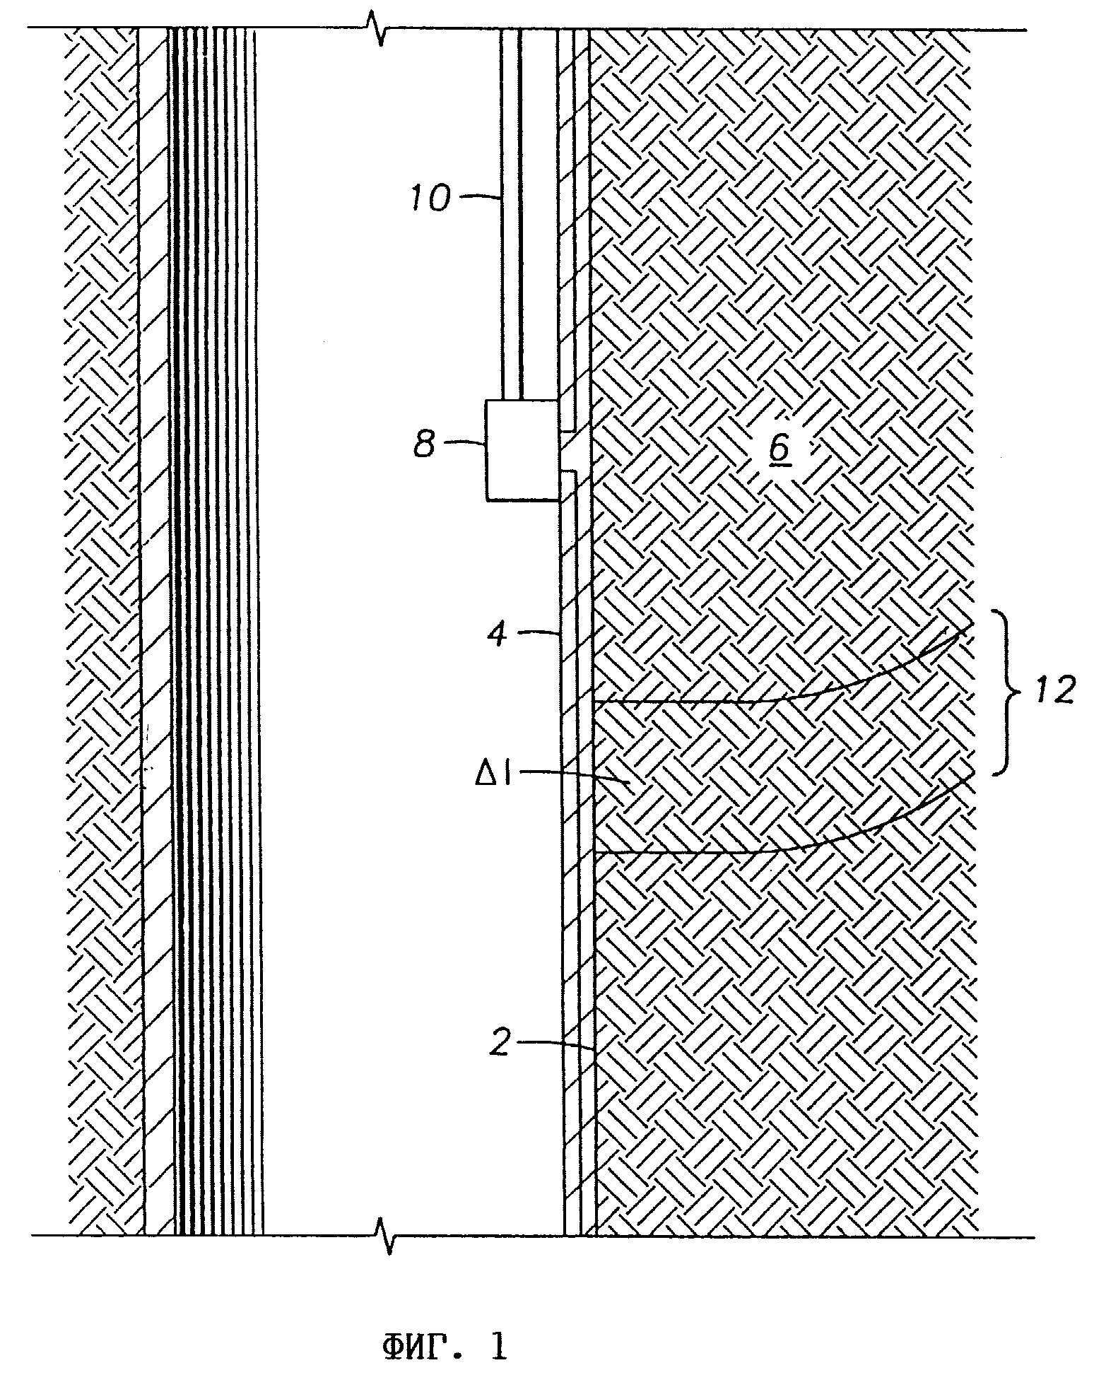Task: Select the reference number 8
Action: click(x=424, y=446)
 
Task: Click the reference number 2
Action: click(x=499, y=1043)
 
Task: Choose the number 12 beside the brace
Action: click(x=1055, y=690)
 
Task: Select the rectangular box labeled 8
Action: click(x=522, y=451)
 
